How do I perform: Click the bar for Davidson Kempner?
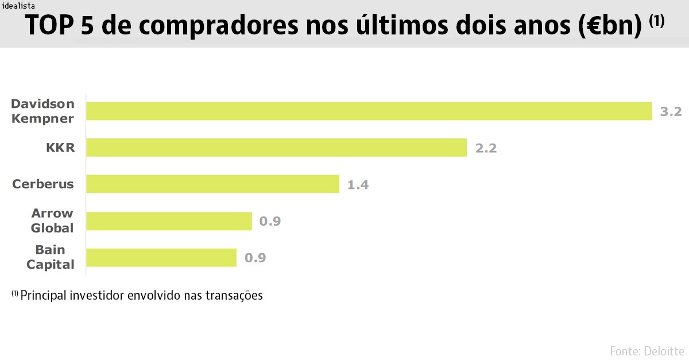click(x=369, y=111)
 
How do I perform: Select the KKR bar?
click(x=276, y=148)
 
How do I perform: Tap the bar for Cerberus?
click(x=213, y=184)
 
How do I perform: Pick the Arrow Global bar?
click(x=169, y=221)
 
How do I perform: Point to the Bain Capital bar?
click(x=161, y=258)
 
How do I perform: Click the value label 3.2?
click(x=670, y=111)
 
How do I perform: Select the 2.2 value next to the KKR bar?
click(x=486, y=148)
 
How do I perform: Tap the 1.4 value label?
click(x=358, y=185)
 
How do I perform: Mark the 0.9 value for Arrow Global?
click(x=270, y=221)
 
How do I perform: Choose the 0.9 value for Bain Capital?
click(x=255, y=258)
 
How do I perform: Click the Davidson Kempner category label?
click(x=43, y=111)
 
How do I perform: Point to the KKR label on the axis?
click(x=60, y=148)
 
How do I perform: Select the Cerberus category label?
click(x=43, y=184)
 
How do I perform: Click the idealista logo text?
click(x=18, y=6)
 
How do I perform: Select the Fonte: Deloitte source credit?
click(x=647, y=350)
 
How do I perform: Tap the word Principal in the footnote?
click(x=44, y=296)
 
